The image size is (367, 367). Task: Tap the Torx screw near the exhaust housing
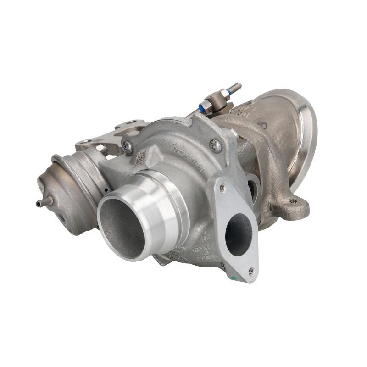point(216,146)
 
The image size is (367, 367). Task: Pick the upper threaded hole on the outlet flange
point(223,188)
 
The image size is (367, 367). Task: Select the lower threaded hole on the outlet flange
point(251,272)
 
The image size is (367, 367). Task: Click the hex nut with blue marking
point(206,106)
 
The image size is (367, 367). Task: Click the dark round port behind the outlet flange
point(253,188)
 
